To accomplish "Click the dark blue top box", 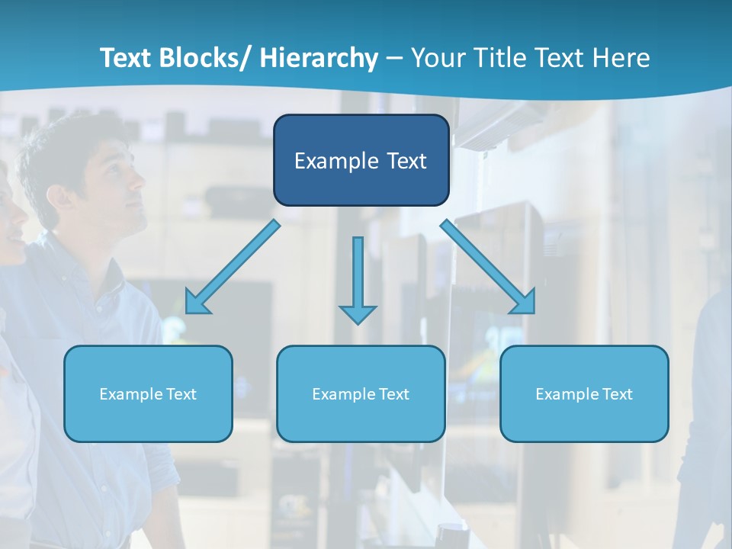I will pyautogui.click(x=361, y=160).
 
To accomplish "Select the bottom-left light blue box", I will pyautogui.click(x=148, y=393).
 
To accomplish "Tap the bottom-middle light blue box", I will pyautogui.click(x=361, y=393).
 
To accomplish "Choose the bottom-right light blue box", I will pyautogui.click(x=584, y=393).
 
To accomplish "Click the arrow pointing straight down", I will pyautogui.click(x=358, y=278).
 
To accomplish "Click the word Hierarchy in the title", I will pyautogui.click(x=319, y=58).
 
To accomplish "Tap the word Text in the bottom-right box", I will pyautogui.click(x=616, y=394).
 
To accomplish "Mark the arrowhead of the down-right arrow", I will pyautogui.click(x=525, y=302).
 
